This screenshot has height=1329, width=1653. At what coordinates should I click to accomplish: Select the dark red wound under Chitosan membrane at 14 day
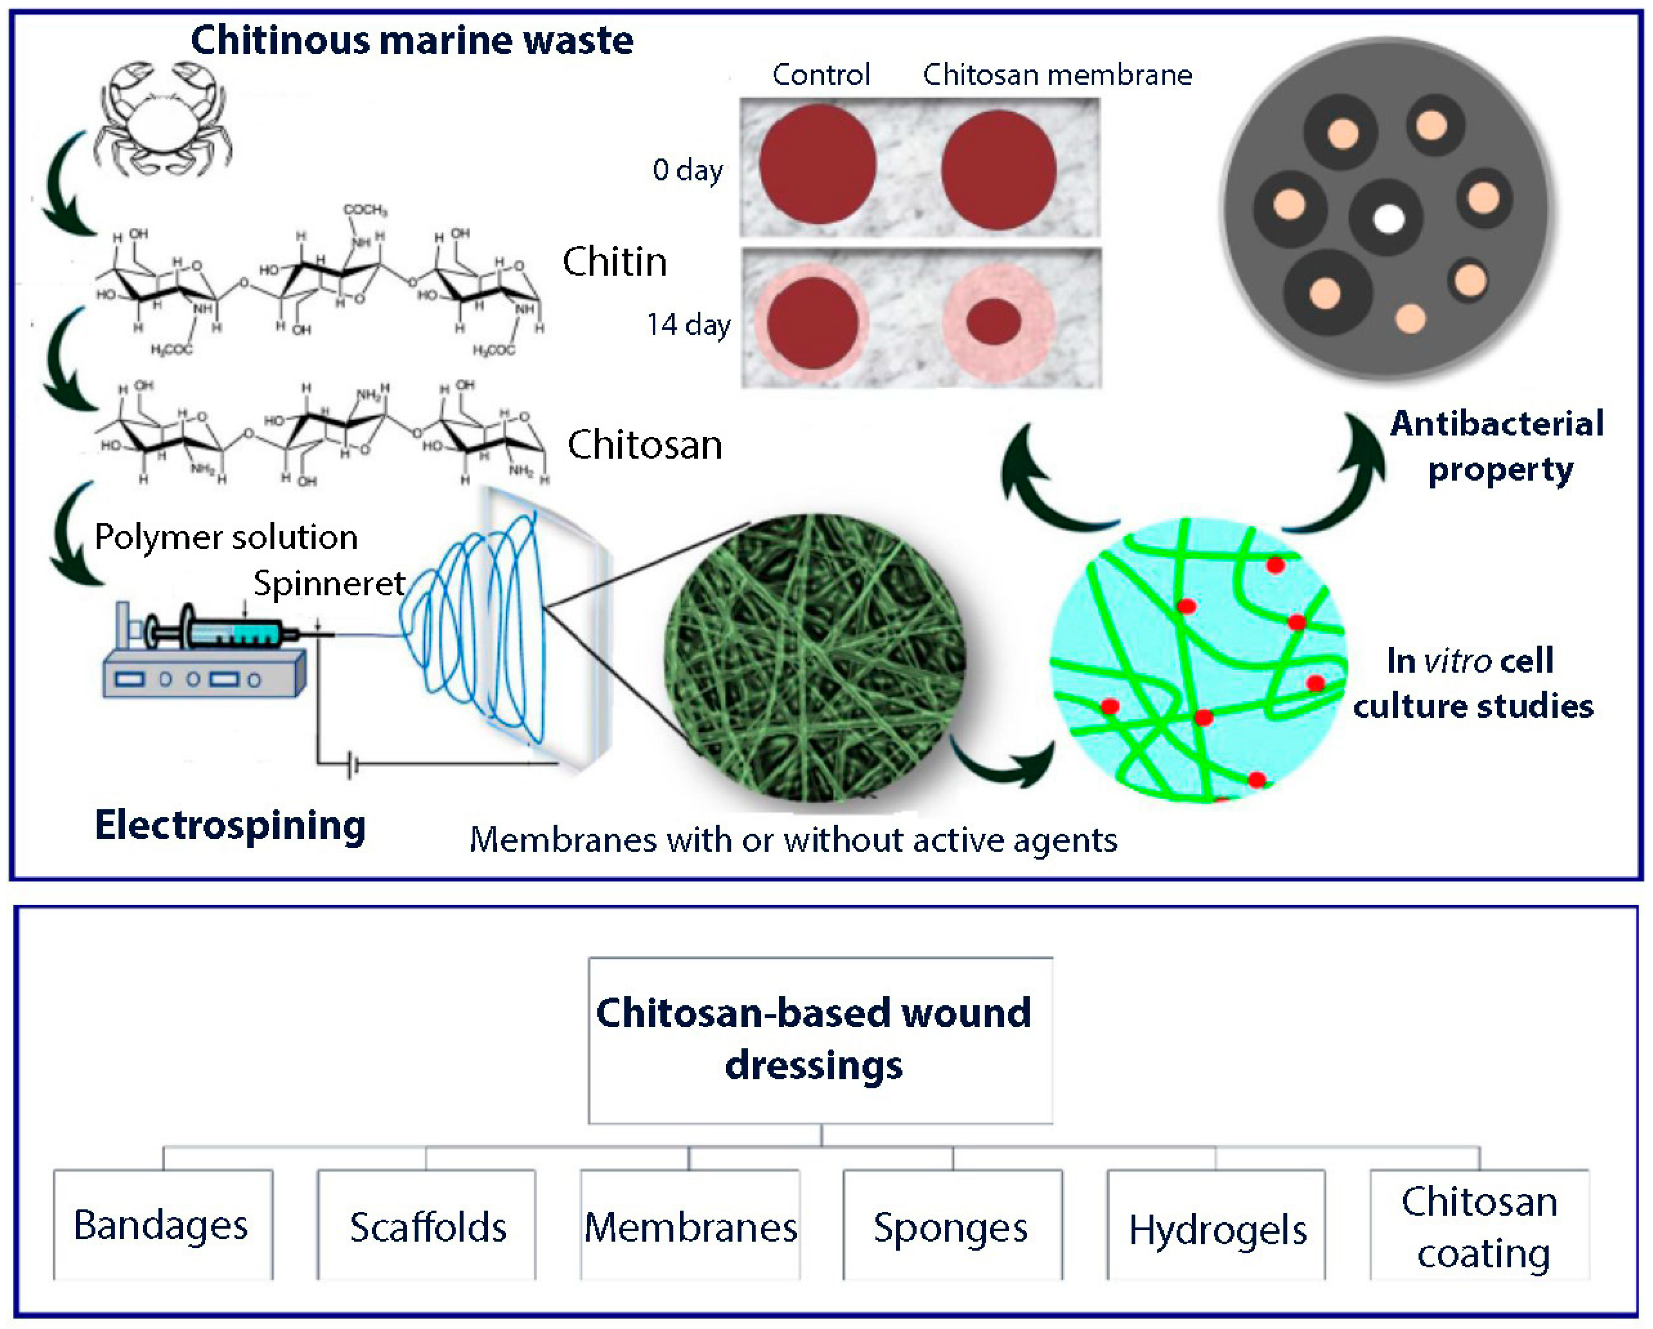994,321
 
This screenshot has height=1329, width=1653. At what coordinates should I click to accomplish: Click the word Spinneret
328,584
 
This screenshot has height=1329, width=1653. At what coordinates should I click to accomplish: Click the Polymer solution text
226,537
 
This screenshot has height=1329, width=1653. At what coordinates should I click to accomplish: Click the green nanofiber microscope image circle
814,658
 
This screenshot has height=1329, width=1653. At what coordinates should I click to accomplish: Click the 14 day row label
688,324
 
